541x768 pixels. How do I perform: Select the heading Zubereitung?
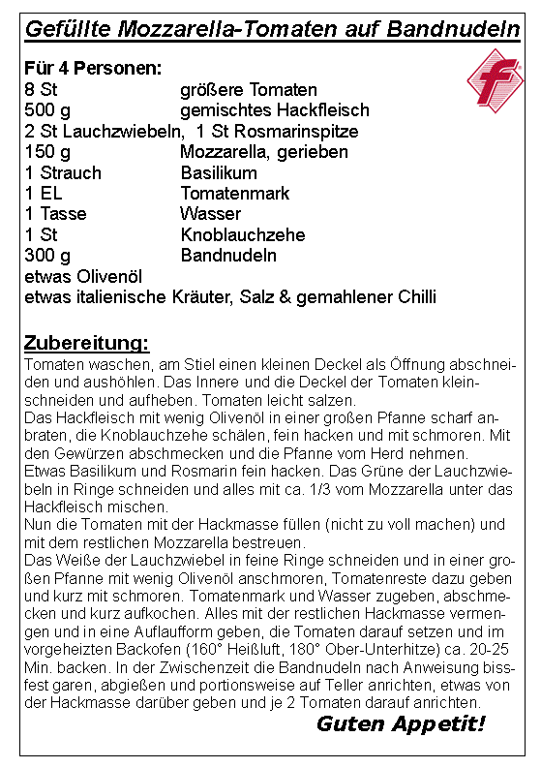click(86, 344)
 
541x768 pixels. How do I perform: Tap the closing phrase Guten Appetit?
click(401, 724)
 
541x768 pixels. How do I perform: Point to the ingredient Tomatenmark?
click(234, 194)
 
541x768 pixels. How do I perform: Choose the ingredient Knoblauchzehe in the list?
click(242, 235)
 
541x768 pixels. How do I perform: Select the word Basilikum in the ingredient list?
click(219, 173)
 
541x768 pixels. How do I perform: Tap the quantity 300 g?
click(48, 256)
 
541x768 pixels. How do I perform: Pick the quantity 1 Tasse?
click(56, 214)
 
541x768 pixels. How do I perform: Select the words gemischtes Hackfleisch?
click(264, 110)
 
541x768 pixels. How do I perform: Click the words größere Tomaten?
click(249, 90)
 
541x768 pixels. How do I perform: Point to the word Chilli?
click(413, 297)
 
